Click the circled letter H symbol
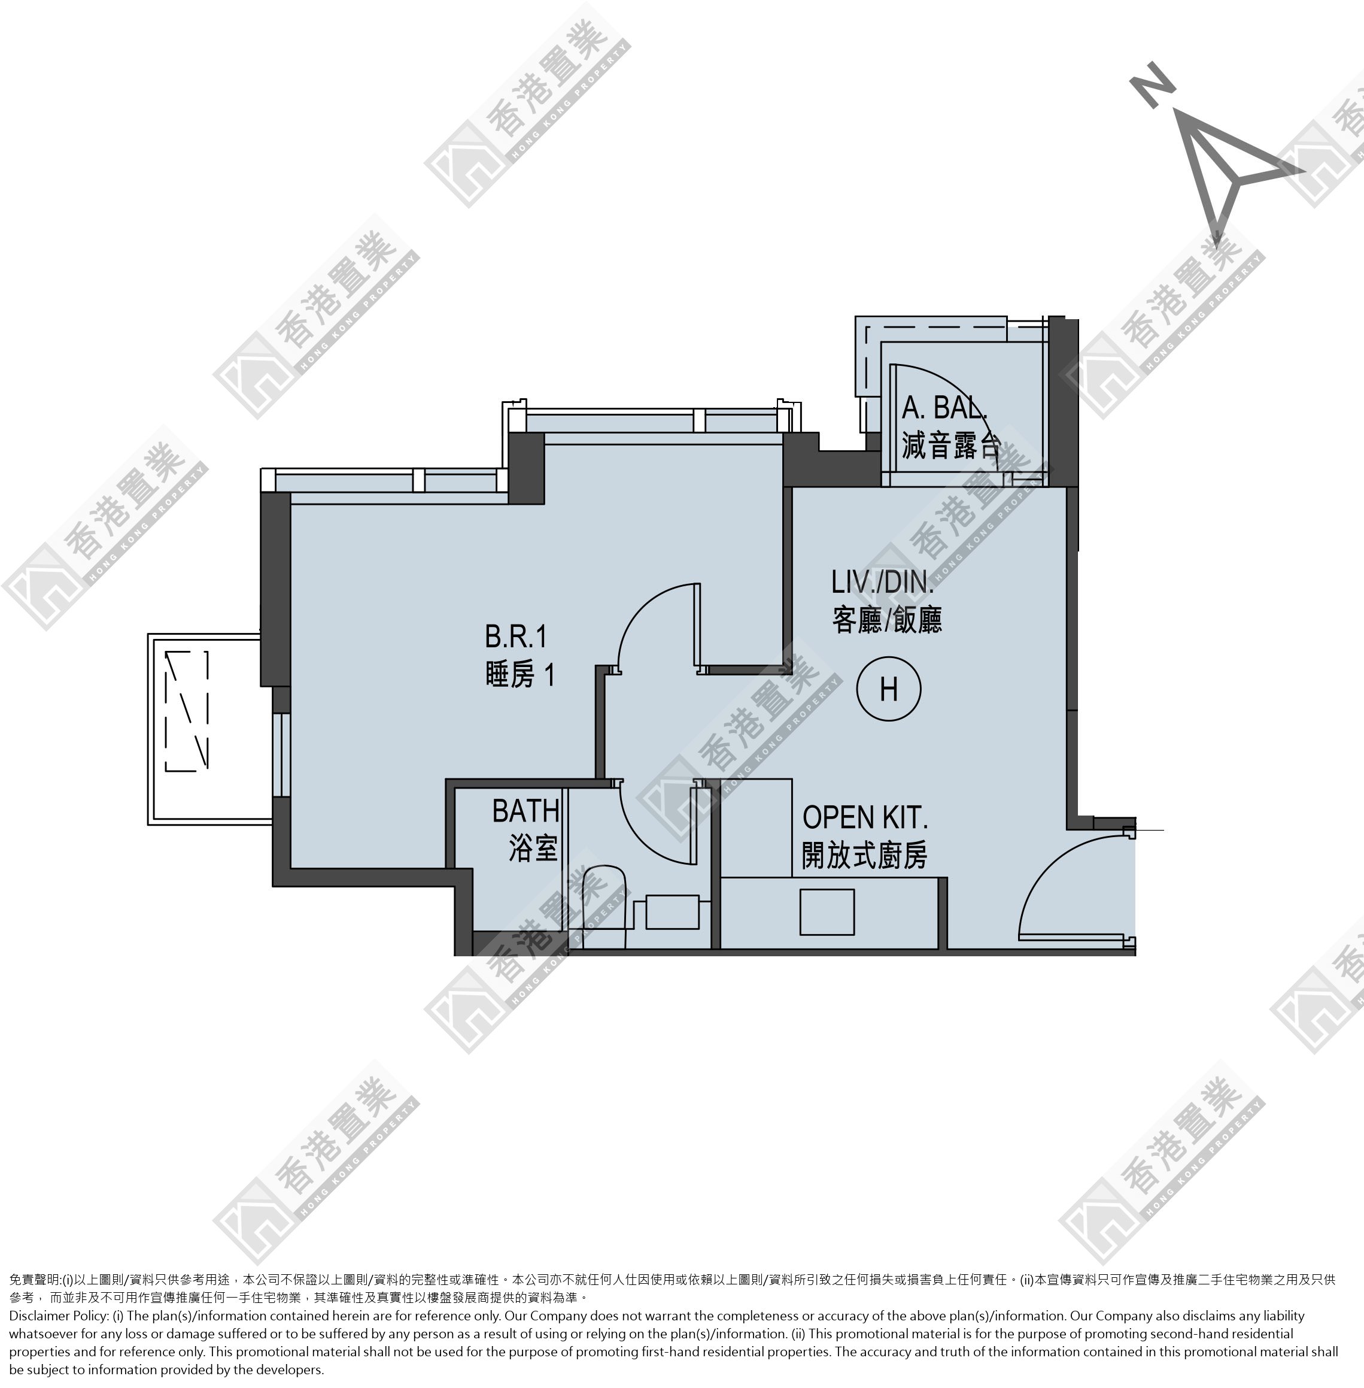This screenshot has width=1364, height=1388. point(888,689)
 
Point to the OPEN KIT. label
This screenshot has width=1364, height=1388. point(865,817)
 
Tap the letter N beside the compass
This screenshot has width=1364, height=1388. point(1153,84)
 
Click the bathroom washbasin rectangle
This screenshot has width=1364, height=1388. point(672,912)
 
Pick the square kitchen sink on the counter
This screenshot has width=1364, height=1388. point(827,912)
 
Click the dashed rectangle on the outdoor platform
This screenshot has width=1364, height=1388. point(187,711)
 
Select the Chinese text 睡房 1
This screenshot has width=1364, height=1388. point(520,674)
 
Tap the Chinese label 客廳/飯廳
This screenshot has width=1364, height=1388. point(887,620)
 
